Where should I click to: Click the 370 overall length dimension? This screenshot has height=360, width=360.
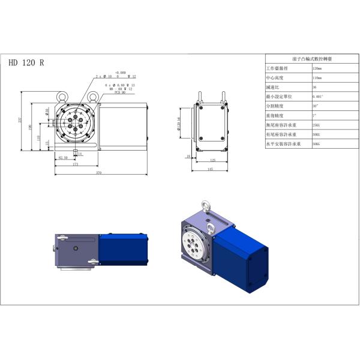coord(99,173)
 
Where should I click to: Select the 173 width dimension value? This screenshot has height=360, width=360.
coord(75,164)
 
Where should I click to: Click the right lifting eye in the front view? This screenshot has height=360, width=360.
coord(93,95)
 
